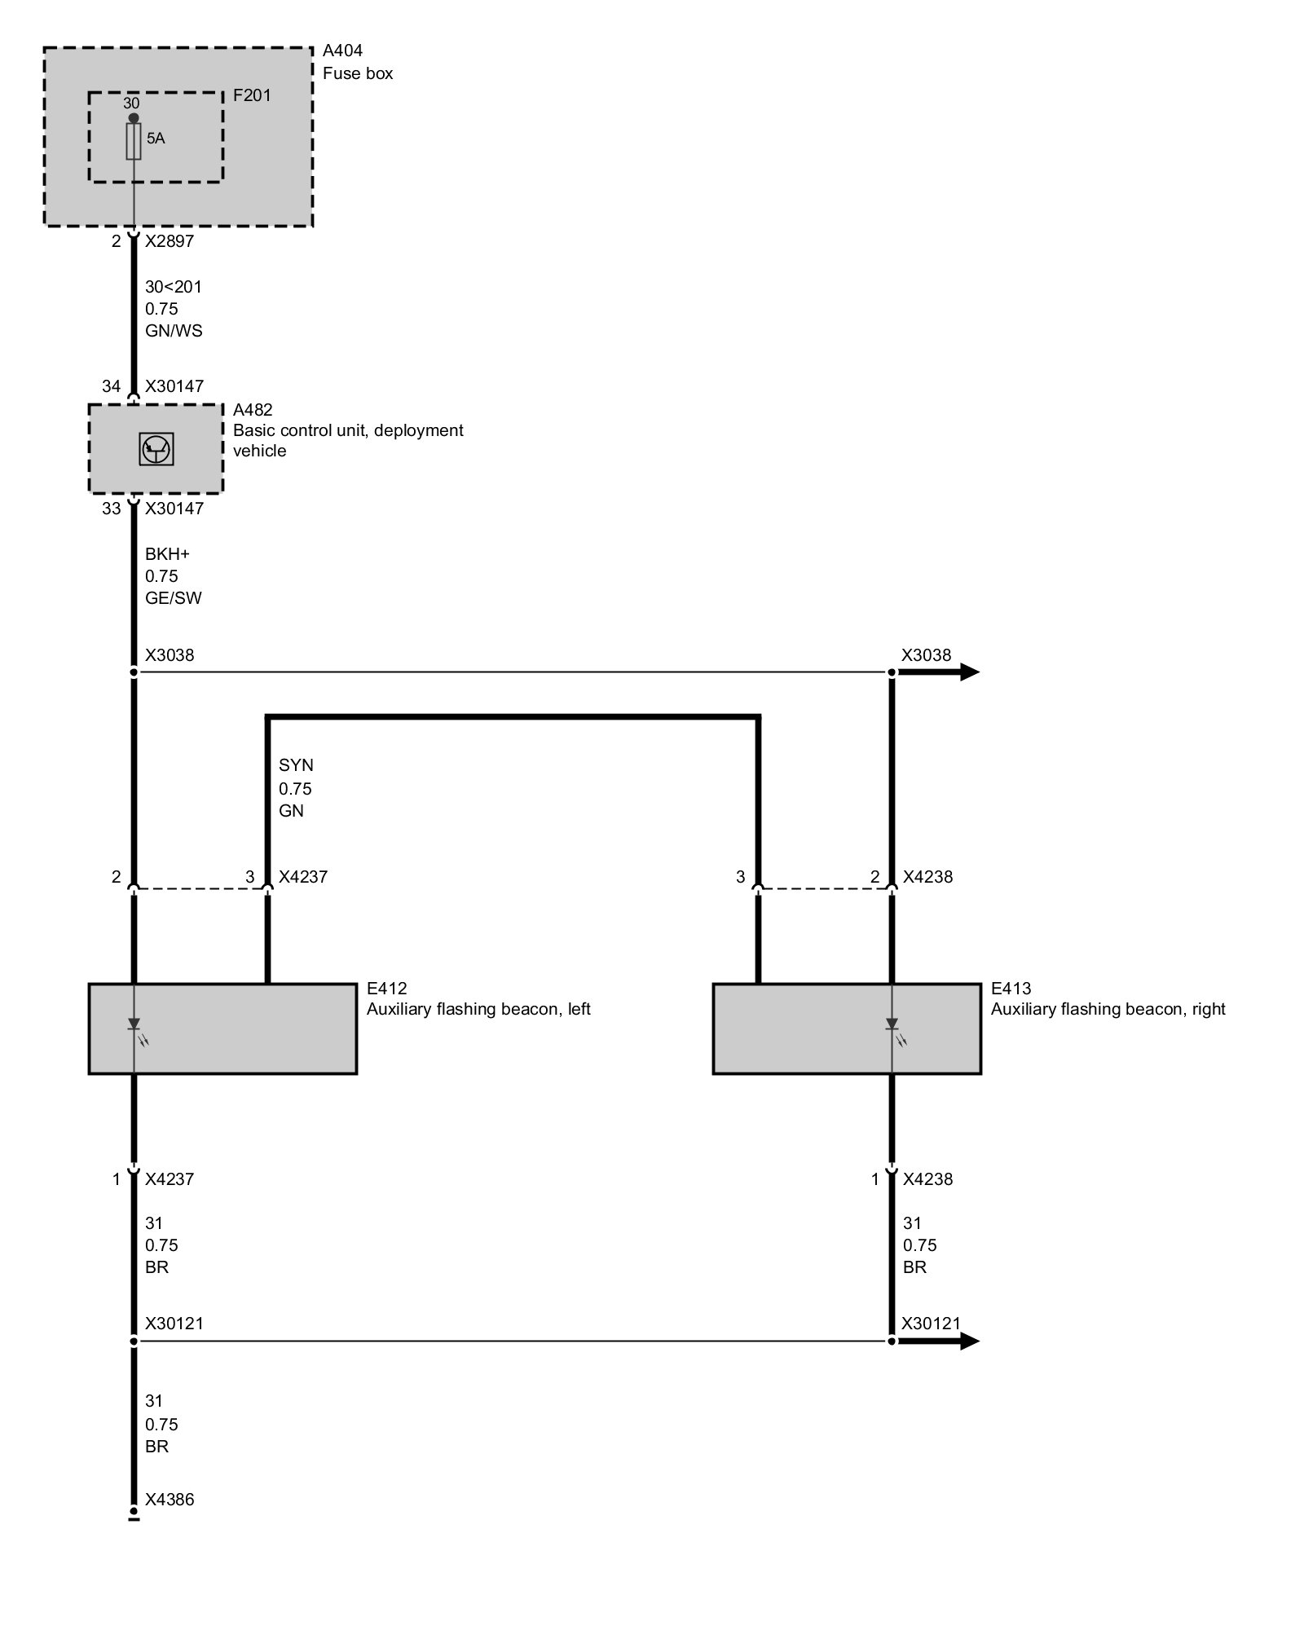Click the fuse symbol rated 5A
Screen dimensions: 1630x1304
click(x=134, y=142)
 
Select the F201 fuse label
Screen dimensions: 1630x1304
click(x=252, y=95)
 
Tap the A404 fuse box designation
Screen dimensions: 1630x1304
click(x=342, y=51)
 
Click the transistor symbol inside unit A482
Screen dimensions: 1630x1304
click(x=156, y=449)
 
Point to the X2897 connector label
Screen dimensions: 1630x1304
click(x=170, y=241)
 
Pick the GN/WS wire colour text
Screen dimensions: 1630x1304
click(x=174, y=331)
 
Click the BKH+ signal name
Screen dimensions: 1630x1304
click(x=167, y=554)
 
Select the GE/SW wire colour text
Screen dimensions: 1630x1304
click(x=174, y=598)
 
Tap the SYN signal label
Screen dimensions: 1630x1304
click(x=296, y=765)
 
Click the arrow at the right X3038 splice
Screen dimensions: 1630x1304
click(x=968, y=672)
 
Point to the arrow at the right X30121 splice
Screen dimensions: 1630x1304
click(x=968, y=1341)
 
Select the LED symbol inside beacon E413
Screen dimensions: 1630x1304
click(x=892, y=1025)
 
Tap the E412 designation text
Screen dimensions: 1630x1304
click(x=386, y=989)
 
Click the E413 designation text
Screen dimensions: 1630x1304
click(x=1011, y=989)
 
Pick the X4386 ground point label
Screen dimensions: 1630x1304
click(x=170, y=1500)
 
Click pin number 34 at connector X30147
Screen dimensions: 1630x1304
click(x=111, y=386)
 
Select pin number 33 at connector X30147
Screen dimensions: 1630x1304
click(x=111, y=509)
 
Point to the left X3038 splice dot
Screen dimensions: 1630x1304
click(x=134, y=672)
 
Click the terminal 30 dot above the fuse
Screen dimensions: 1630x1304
click(x=134, y=118)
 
